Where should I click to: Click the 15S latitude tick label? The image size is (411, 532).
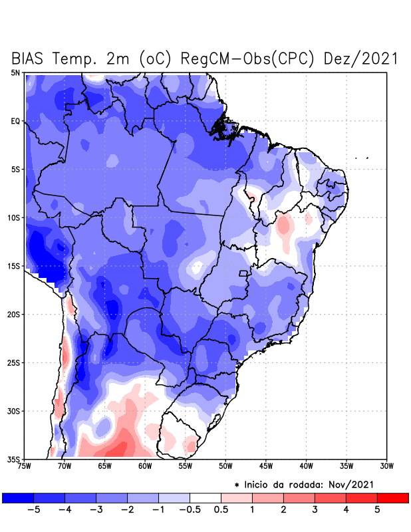(x=15, y=266)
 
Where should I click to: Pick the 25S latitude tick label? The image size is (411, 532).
(x=15, y=362)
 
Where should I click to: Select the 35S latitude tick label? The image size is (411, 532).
(x=15, y=459)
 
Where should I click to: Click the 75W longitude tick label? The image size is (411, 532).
(x=24, y=466)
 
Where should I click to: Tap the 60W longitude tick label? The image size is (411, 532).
(x=145, y=466)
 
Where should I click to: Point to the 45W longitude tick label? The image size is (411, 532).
(x=266, y=466)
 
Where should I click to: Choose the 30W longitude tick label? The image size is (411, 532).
(x=387, y=466)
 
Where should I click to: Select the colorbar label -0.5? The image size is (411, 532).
(x=190, y=510)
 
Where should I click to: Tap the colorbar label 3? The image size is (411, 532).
(x=315, y=510)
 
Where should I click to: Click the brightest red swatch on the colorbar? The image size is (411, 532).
(x=392, y=497)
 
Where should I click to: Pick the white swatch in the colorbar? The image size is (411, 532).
(x=205, y=497)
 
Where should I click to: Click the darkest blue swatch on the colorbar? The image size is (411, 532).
(x=18, y=497)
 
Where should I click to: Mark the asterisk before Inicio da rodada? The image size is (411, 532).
(x=237, y=485)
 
